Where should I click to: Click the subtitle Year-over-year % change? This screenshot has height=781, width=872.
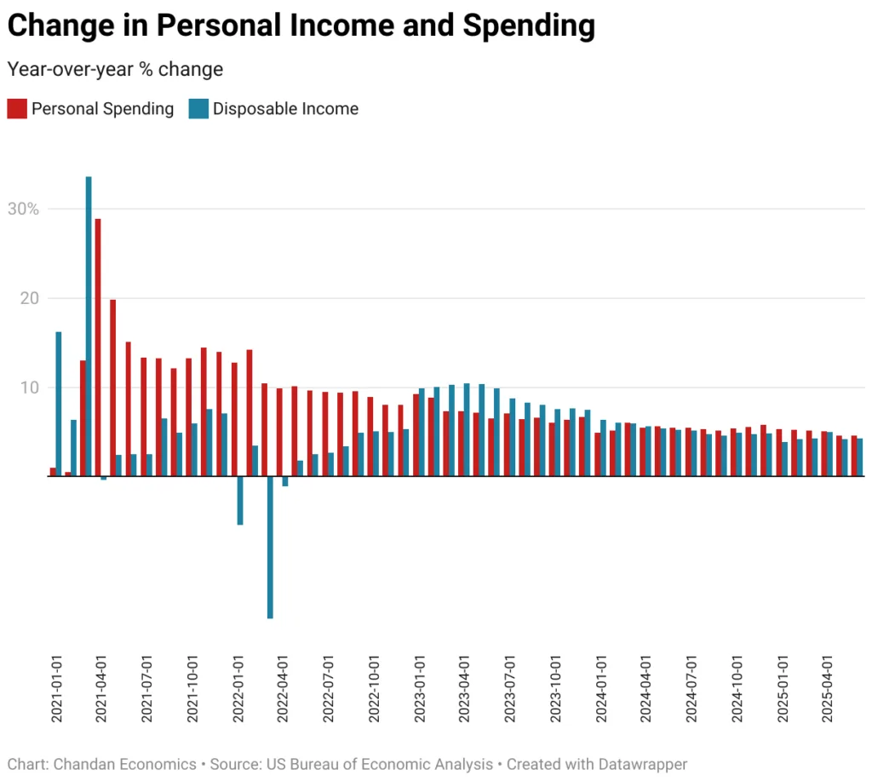pos(115,69)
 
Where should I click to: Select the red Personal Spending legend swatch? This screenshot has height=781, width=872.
pos(17,108)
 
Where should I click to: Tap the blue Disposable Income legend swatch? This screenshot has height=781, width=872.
pos(198,108)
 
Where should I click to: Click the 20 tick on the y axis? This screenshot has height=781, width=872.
pos(30,298)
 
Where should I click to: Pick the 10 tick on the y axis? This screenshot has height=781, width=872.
pos(30,388)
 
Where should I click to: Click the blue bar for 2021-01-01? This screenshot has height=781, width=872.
pos(58,404)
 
